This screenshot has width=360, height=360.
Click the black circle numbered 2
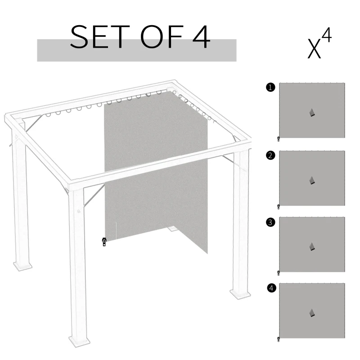coord(270,156)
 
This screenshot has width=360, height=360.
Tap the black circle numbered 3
coord(270,222)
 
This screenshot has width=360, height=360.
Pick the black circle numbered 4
coord(270,288)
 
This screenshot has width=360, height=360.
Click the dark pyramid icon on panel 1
coord(312,112)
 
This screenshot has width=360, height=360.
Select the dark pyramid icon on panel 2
coord(312,180)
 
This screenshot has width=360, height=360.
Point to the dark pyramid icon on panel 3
coord(312,247)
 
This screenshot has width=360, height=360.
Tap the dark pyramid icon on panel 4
coord(312,313)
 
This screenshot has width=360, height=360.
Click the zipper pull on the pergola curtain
coord(104,242)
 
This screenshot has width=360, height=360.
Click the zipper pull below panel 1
coord(279,139)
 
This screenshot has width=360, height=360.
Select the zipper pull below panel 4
coord(279,339)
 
